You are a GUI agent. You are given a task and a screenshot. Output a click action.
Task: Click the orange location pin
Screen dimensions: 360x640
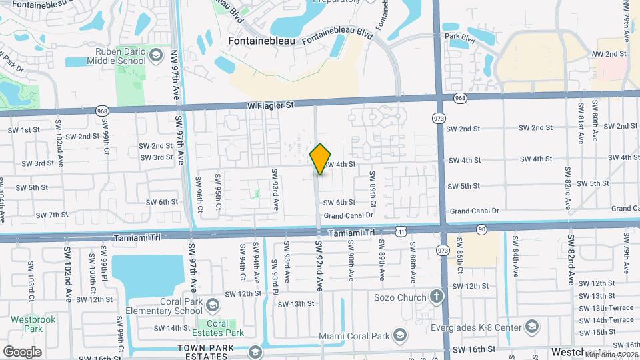tap(321, 159)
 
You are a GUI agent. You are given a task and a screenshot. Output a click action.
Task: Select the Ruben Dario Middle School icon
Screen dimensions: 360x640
tap(157, 54)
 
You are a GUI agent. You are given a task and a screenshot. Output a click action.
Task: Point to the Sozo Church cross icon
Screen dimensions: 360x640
tap(436, 296)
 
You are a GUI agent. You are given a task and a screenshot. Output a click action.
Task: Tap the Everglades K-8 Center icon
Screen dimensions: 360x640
tap(531, 326)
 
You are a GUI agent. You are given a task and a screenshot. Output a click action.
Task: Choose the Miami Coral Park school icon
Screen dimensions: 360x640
tap(399, 334)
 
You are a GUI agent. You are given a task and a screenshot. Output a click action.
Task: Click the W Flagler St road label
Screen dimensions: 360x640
tap(270, 105)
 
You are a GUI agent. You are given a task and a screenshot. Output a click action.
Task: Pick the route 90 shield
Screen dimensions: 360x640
tap(481, 229)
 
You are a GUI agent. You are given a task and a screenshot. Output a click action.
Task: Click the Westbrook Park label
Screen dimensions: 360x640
tap(27, 323)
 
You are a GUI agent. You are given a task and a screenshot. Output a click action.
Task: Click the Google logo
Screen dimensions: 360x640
tap(21, 352)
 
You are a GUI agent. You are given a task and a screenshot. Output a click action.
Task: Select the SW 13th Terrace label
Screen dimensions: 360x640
tap(607, 307)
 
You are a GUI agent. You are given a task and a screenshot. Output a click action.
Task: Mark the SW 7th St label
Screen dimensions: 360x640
tap(53, 215)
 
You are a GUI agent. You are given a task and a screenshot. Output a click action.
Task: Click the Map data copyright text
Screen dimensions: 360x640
tap(611, 354)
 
